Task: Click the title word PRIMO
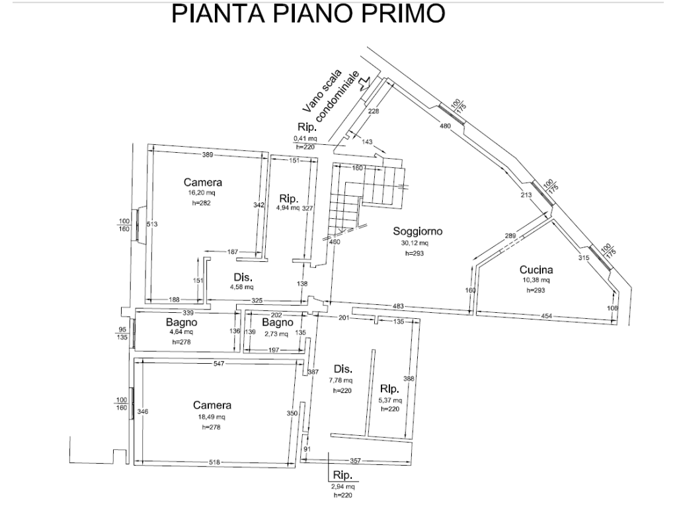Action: [x=403, y=13]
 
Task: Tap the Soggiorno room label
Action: [x=418, y=231]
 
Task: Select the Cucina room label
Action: [x=536, y=270]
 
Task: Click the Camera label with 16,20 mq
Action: [x=202, y=183]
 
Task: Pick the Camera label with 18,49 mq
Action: [x=212, y=405]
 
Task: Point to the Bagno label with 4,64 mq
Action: [x=181, y=322]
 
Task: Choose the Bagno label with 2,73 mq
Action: [x=278, y=322]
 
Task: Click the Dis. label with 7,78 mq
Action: [x=343, y=369]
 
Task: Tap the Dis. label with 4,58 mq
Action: [x=243, y=277]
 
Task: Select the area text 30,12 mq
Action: [x=415, y=243]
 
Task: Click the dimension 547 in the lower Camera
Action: [x=219, y=364]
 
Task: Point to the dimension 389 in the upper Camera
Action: [x=208, y=155]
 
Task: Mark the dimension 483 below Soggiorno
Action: [x=398, y=306]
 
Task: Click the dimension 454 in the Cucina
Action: [x=546, y=316]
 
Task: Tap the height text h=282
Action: [x=202, y=203]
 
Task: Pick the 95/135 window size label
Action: [x=122, y=333]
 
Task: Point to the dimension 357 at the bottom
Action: [x=355, y=461]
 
